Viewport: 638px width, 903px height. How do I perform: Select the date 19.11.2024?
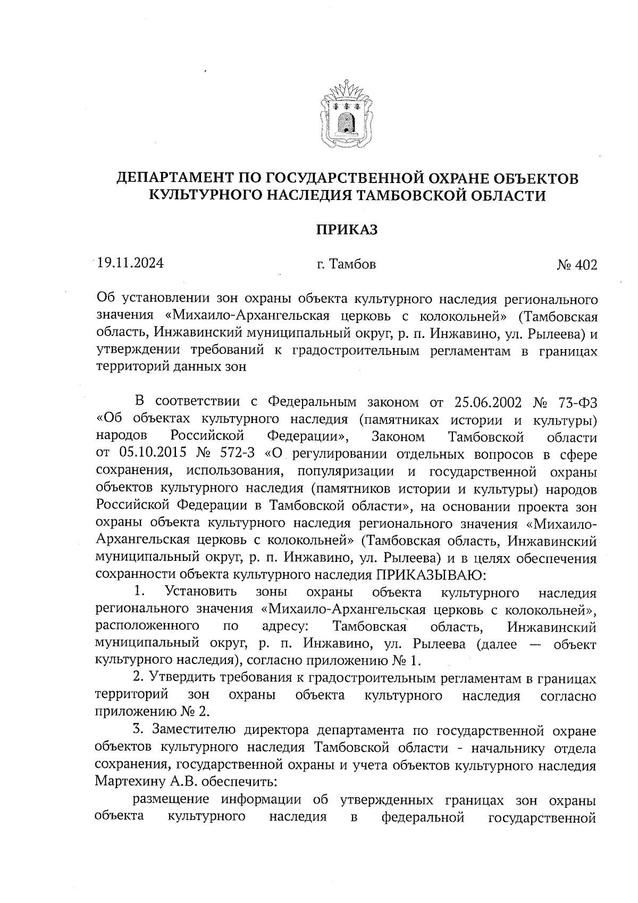tap(130, 263)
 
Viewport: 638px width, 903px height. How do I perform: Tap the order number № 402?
tap(577, 264)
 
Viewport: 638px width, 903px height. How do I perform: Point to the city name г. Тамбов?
tap(346, 264)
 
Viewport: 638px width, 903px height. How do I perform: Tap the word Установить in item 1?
tap(201, 592)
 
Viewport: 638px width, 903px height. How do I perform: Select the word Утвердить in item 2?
tap(181, 678)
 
